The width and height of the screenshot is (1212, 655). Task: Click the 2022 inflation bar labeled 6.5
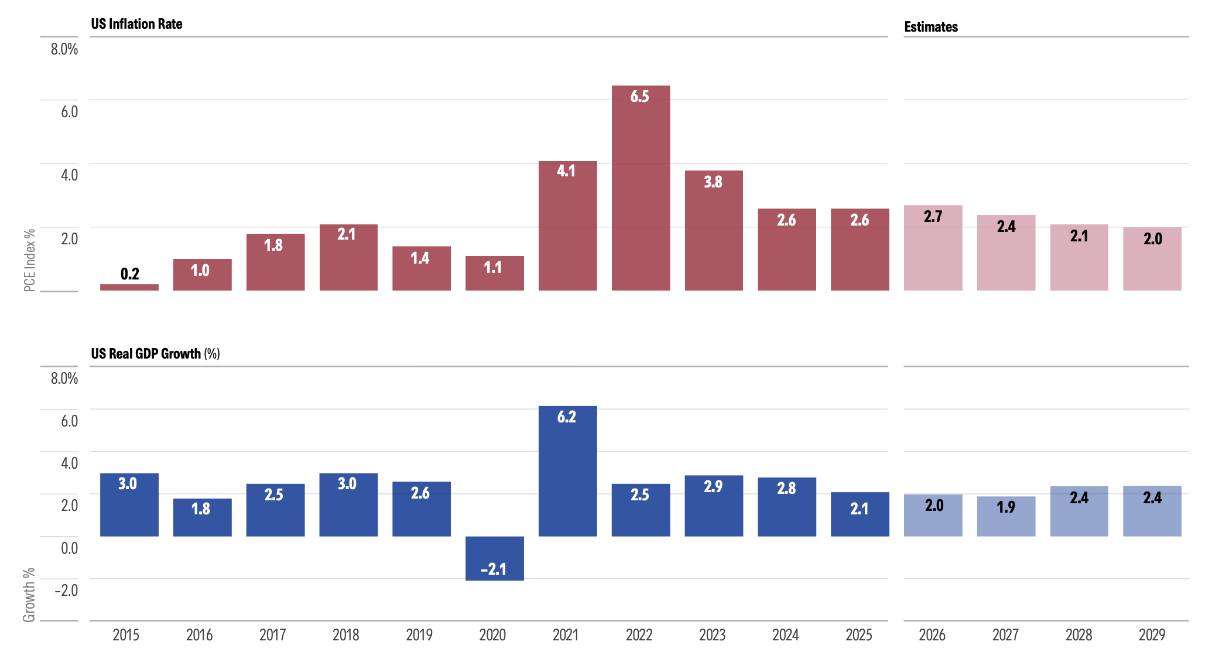point(641,187)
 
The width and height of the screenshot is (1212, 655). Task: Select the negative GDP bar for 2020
point(494,558)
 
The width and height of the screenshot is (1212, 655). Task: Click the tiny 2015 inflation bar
point(129,287)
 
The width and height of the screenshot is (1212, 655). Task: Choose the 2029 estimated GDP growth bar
point(1152,511)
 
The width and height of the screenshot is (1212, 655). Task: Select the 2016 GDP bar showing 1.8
point(202,517)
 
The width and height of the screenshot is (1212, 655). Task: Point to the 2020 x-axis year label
point(492,635)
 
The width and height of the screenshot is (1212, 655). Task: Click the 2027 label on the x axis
point(1005,635)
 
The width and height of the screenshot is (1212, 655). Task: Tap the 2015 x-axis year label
point(126,635)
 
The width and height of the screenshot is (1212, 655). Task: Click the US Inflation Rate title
point(136,24)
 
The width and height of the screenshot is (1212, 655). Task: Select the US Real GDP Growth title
point(155,354)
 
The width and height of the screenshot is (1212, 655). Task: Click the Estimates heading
point(931,27)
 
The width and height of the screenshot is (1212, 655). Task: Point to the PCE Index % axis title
point(29,260)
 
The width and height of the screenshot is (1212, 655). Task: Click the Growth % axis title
point(29,595)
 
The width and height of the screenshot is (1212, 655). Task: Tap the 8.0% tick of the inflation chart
point(64,49)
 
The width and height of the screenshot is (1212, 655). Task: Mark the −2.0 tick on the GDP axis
point(66,590)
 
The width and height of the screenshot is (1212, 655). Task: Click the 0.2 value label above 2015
point(129,274)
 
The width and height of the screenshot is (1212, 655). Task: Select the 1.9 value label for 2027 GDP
point(1005,507)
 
